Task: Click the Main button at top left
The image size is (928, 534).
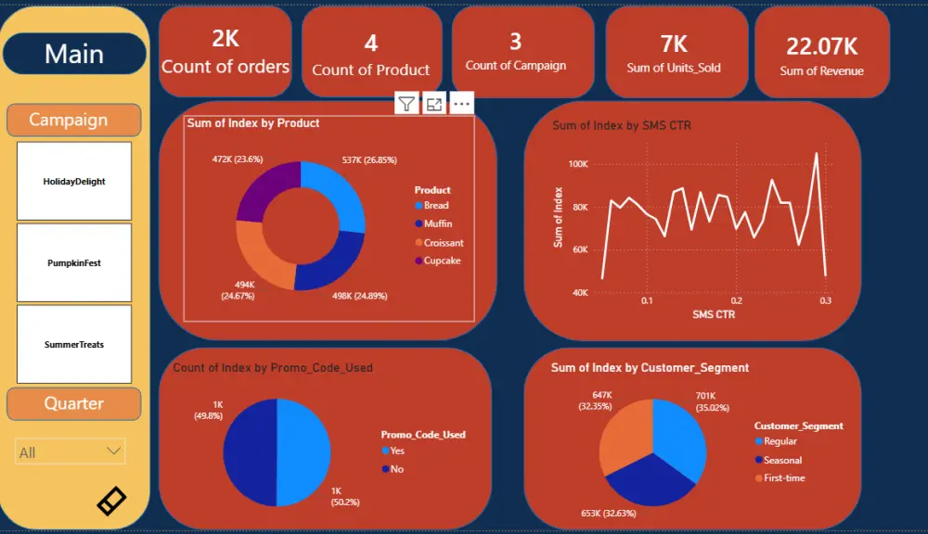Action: tap(74, 54)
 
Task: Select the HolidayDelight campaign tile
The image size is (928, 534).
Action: tap(74, 182)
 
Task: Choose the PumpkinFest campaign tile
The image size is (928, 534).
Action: tap(74, 263)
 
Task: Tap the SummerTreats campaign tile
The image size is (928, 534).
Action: tap(74, 345)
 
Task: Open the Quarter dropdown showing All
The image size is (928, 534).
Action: tap(71, 451)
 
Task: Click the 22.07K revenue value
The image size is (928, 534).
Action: tap(821, 46)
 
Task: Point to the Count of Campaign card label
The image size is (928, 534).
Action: tap(515, 66)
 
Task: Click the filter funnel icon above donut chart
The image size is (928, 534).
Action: tap(406, 103)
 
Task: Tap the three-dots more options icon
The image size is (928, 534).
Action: tap(461, 103)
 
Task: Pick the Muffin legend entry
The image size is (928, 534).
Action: tap(437, 223)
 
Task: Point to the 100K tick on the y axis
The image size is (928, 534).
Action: tap(577, 164)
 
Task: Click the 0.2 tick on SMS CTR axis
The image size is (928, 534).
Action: tap(736, 301)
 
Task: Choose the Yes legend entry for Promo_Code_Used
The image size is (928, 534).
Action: tap(397, 451)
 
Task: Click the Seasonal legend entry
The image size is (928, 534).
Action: tap(781, 460)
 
